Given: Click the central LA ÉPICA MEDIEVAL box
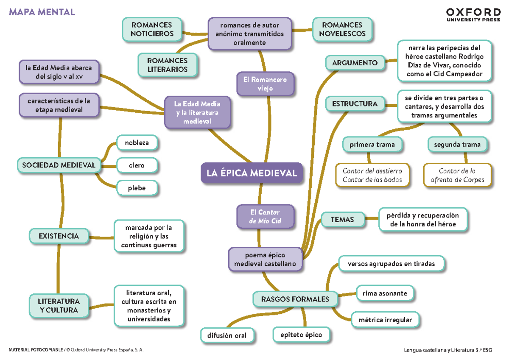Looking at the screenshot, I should (x=252, y=173).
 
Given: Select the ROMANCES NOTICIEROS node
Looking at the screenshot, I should (x=152, y=29).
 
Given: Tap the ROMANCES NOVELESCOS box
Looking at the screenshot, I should (x=342, y=29).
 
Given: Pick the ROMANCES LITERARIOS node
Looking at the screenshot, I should (x=168, y=65).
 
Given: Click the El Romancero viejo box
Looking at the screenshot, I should (x=265, y=84).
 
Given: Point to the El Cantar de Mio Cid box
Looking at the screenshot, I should (x=265, y=216).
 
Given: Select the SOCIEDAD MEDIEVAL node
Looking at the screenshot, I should (x=59, y=165).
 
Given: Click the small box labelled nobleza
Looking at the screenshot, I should (x=137, y=143).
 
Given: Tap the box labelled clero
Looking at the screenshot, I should (x=137, y=165).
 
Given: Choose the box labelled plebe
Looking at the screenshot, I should (x=137, y=188).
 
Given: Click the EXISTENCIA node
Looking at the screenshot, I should (x=59, y=235).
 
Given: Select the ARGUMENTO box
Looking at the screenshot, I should (x=355, y=63).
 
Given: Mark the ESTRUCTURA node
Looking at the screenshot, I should (x=355, y=104).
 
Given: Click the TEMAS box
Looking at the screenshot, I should (x=342, y=219).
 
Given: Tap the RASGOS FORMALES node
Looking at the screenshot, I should (x=295, y=299).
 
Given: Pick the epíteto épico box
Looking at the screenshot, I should (x=301, y=335).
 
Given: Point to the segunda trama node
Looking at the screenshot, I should (x=457, y=145).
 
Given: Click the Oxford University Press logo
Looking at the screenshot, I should (x=473, y=14).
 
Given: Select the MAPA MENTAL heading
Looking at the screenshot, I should (x=42, y=12).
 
